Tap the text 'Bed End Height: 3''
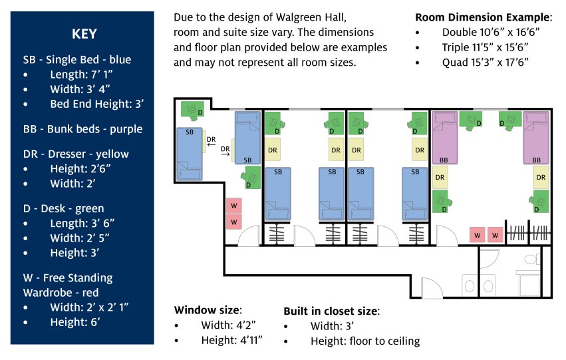96,104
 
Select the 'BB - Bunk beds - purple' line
82,129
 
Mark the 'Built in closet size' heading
331,310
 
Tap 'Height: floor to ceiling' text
364,341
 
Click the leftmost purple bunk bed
444,138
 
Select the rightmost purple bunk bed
536,138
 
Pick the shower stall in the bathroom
529,285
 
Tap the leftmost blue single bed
189,153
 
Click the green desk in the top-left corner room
193,109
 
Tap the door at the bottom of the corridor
431,287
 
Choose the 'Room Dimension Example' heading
484,17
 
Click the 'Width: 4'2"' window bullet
229,325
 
